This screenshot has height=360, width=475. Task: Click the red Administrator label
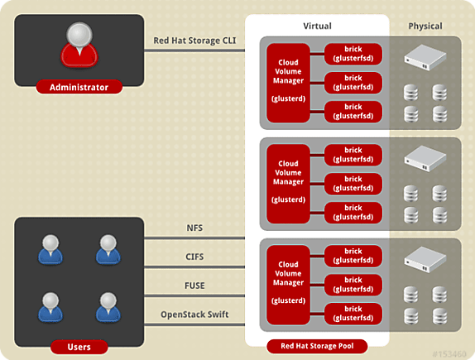pos(79,87)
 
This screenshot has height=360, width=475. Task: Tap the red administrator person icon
pos(79,44)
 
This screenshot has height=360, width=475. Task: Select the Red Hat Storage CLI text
pos(194,41)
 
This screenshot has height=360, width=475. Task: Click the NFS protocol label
pos(194,228)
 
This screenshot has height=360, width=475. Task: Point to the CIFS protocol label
pos(194,257)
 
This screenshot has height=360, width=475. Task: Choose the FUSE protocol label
pos(194,286)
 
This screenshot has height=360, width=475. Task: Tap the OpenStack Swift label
pos(194,314)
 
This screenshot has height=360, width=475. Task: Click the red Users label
pos(79,347)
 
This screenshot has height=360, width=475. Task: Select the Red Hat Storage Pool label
pos(317,346)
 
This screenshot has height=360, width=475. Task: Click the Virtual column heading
pos(317,26)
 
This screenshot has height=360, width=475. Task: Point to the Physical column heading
pos(425,26)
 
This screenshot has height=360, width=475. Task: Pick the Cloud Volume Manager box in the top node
pos(288,83)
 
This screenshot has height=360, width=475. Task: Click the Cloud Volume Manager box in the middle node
pos(288,184)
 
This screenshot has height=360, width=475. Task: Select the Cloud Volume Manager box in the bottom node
pos(288,285)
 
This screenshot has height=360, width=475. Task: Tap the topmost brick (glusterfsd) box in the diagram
pos(353,54)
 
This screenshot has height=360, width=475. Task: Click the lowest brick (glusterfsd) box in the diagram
pos(353,314)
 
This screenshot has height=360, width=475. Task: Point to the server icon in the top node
pos(425,57)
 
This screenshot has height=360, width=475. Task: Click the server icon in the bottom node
pos(425,259)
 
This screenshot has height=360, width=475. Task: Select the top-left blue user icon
pos(50,249)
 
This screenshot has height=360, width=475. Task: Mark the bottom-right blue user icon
pos(108,307)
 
